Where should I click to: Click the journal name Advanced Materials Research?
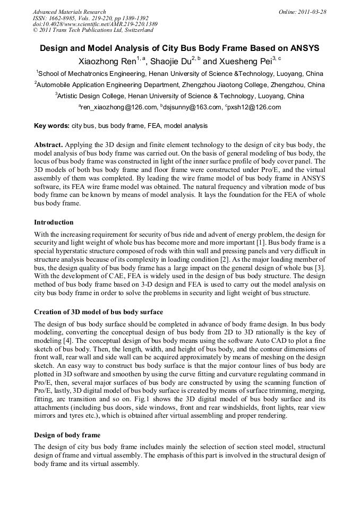pos(69,12)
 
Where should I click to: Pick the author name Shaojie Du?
pos(170,62)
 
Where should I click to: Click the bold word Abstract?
pos(48,144)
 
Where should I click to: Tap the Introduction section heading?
pos(54,222)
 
